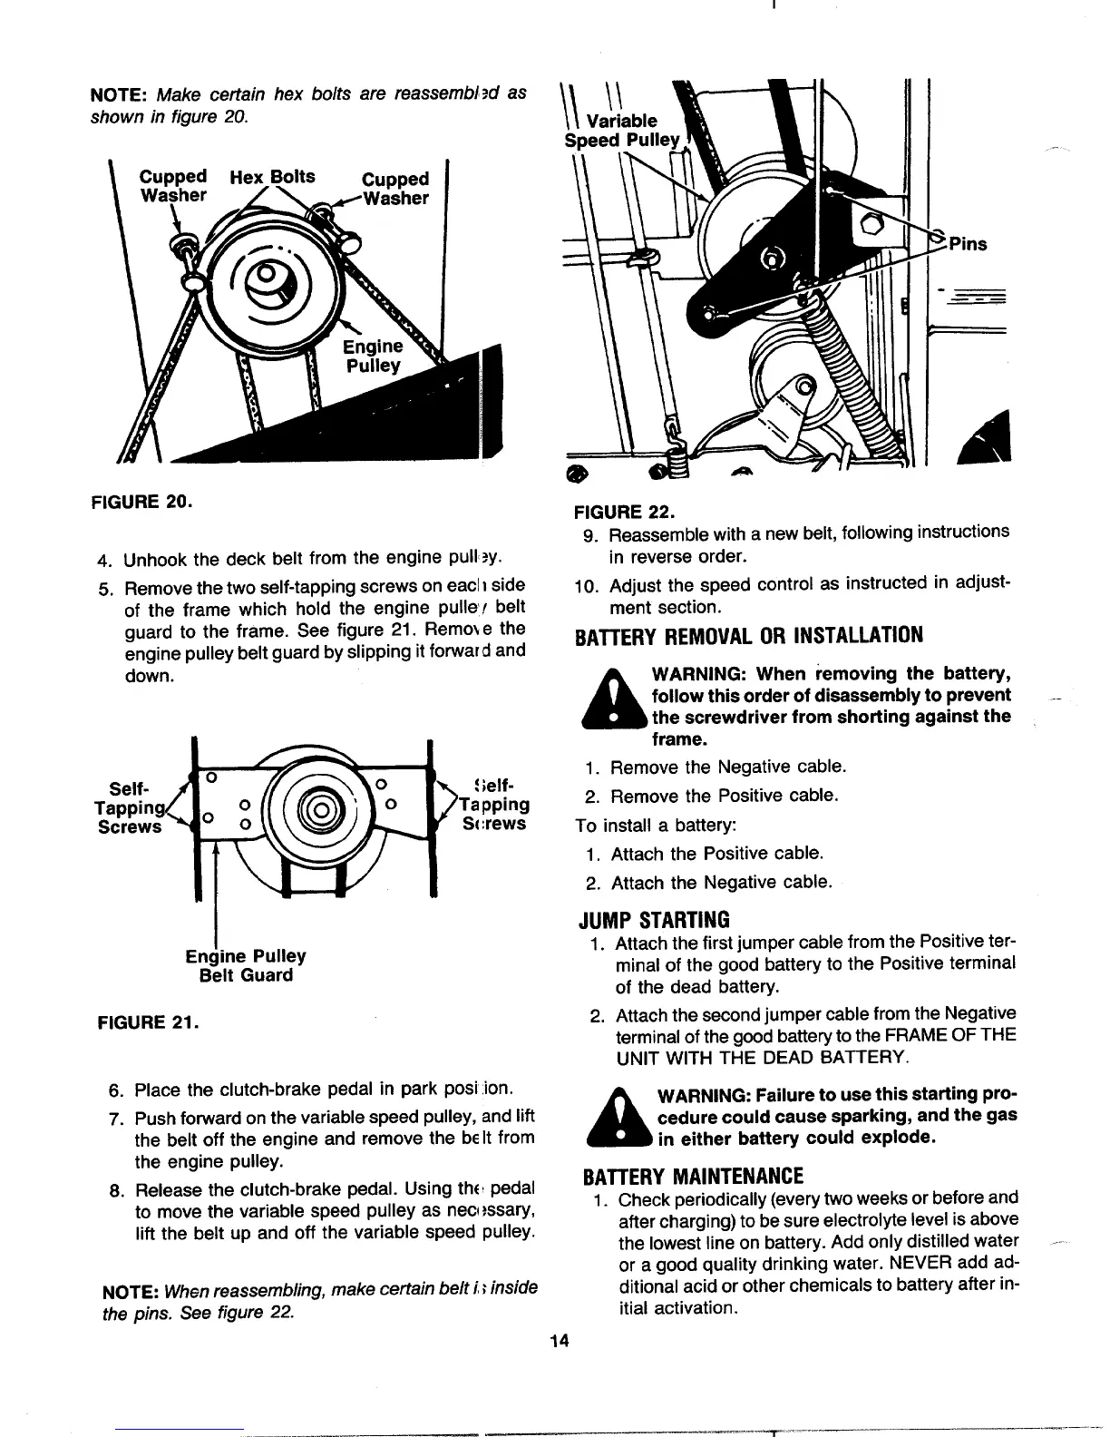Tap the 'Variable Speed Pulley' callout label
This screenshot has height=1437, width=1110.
(622, 131)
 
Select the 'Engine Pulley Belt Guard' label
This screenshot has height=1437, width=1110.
(246, 965)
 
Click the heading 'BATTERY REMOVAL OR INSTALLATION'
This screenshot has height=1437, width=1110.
(749, 635)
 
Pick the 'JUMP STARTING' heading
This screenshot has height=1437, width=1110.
(655, 920)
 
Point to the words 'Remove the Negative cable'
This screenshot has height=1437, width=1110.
(728, 767)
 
